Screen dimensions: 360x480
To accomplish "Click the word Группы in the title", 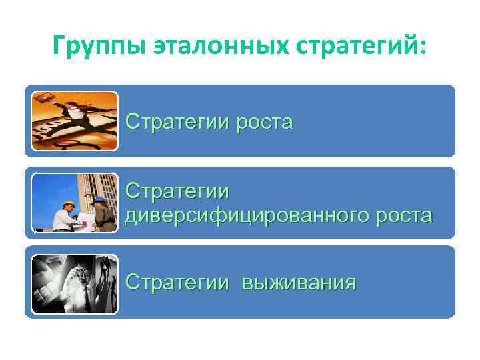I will point(98,48).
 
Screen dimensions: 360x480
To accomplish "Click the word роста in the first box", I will point(261,123).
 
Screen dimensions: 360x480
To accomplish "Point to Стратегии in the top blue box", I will point(177,123).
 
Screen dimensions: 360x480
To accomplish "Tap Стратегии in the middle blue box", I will point(177,192).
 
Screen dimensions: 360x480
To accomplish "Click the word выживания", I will point(299,282).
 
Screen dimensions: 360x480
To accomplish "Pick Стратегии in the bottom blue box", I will point(177,282).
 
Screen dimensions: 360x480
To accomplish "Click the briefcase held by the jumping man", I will point(43,99).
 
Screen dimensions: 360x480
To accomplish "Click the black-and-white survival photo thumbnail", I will point(75,284).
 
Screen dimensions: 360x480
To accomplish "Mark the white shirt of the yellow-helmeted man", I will point(65,221).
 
